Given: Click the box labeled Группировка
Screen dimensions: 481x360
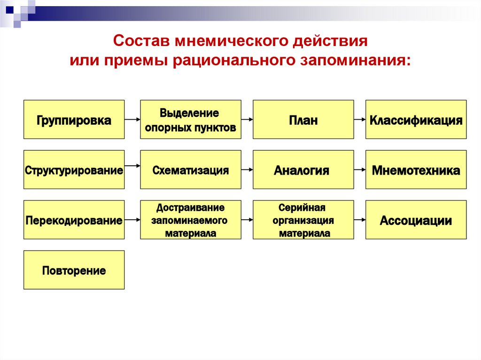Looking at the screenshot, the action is pyautogui.click(x=74, y=119).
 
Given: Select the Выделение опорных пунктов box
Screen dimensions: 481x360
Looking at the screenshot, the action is pyautogui.click(x=190, y=119).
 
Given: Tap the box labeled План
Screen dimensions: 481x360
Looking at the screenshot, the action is pyautogui.click(x=303, y=119).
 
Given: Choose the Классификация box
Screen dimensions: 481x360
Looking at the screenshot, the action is pyautogui.click(x=416, y=119).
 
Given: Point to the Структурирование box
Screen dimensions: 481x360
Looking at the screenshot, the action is pyautogui.click(x=74, y=169).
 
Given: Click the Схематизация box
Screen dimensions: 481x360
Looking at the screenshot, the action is pyautogui.click(x=190, y=169).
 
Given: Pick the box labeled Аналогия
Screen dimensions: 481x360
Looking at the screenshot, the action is pyautogui.click(x=303, y=169).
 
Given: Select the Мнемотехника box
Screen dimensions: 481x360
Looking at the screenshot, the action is pyautogui.click(x=416, y=169).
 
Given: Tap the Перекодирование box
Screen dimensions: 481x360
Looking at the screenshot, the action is pyautogui.click(x=74, y=220).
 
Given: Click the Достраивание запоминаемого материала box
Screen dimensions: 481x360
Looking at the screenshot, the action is pyautogui.click(x=190, y=220).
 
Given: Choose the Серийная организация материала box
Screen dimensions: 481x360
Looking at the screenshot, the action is pyautogui.click(x=303, y=220).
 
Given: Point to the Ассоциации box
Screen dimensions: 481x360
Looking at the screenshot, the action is pyautogui.click(x=416, y=220).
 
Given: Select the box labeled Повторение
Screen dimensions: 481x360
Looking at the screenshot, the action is pyautogui.click(x=74, y=270).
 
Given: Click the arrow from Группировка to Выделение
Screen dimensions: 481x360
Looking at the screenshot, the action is pyautogui.click(x=132, y=120).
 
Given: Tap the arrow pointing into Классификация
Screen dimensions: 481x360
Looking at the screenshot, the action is pyautogui.click(x=360, y=120).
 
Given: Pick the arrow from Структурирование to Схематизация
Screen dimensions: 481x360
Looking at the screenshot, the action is pyautogui.click(x=132, y=165).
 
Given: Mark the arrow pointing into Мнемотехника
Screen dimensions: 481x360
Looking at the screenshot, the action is pyautogui.click(x=360, y=169).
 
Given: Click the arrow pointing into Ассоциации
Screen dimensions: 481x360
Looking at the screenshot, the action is pyautogui.click(x=360, y=220).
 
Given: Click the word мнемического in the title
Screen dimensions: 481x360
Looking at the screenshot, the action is pyautogui.click(x=228, y=41).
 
